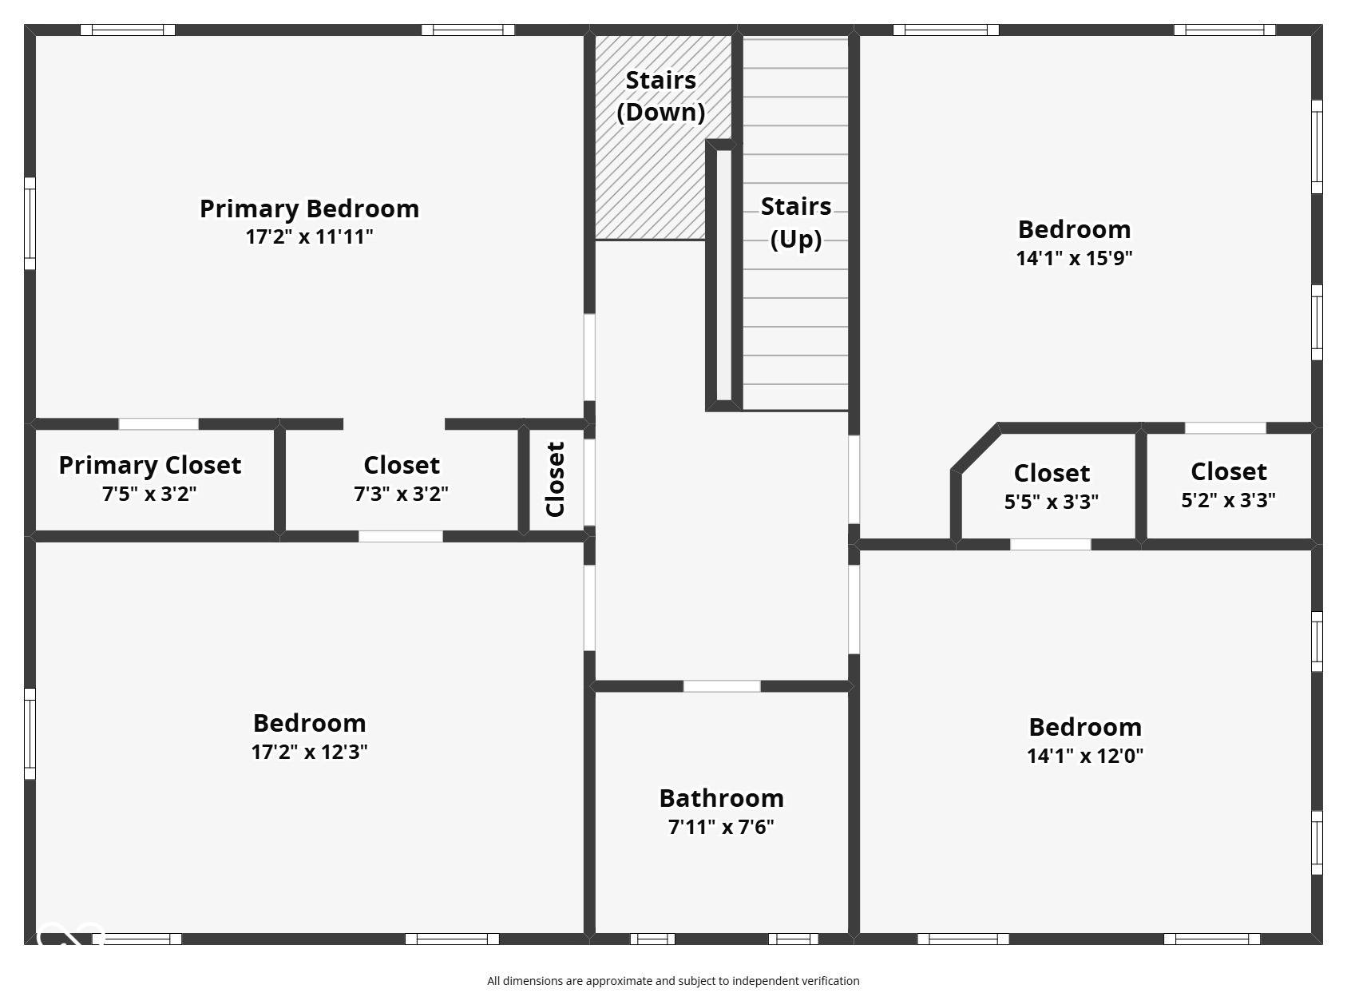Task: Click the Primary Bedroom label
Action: pyautogui.click(x=309, y=209)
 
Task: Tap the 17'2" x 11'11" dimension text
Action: pyautogui.click(x=309, y=236)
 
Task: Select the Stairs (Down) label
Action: pyautogui.click(x=661, y=97)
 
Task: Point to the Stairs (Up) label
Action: pyautogui.click(x=796, y=223)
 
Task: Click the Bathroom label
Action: pyautogui.click(x=722, y=799)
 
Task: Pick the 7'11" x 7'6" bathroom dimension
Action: pyautogui.click(x=722, y=827)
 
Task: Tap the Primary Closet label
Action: pyautogui.click(x=150, y=466)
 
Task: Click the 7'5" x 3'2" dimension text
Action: pyautogui.click(x=150, y=494)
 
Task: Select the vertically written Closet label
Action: pyautogui.click(x=555, y=479)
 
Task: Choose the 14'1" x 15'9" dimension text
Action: pyautogui.click(x=1075, y=258)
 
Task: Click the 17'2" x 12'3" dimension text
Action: pyautogui.click(x=309, y=752)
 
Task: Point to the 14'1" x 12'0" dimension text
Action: pyautogui.click(x=1085, y=755)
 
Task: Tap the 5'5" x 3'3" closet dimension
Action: pyautogui.click(x=1052, y=502)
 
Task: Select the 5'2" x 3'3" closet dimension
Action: pyautogui.click(x=1229, y=499)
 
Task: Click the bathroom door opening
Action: pyautogui.click(x=722, y=686)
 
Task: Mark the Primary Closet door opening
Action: pyautogui.click(x=158, y=424)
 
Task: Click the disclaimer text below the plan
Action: pyautogui.click(x=673, y=981)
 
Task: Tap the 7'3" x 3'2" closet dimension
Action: pyautogui.click(x=401, y=494)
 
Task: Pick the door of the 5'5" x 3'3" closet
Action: pyautogui.click(x=1051, y=545)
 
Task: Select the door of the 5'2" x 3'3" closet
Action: pyautogui.click(x=1226, y=428)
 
